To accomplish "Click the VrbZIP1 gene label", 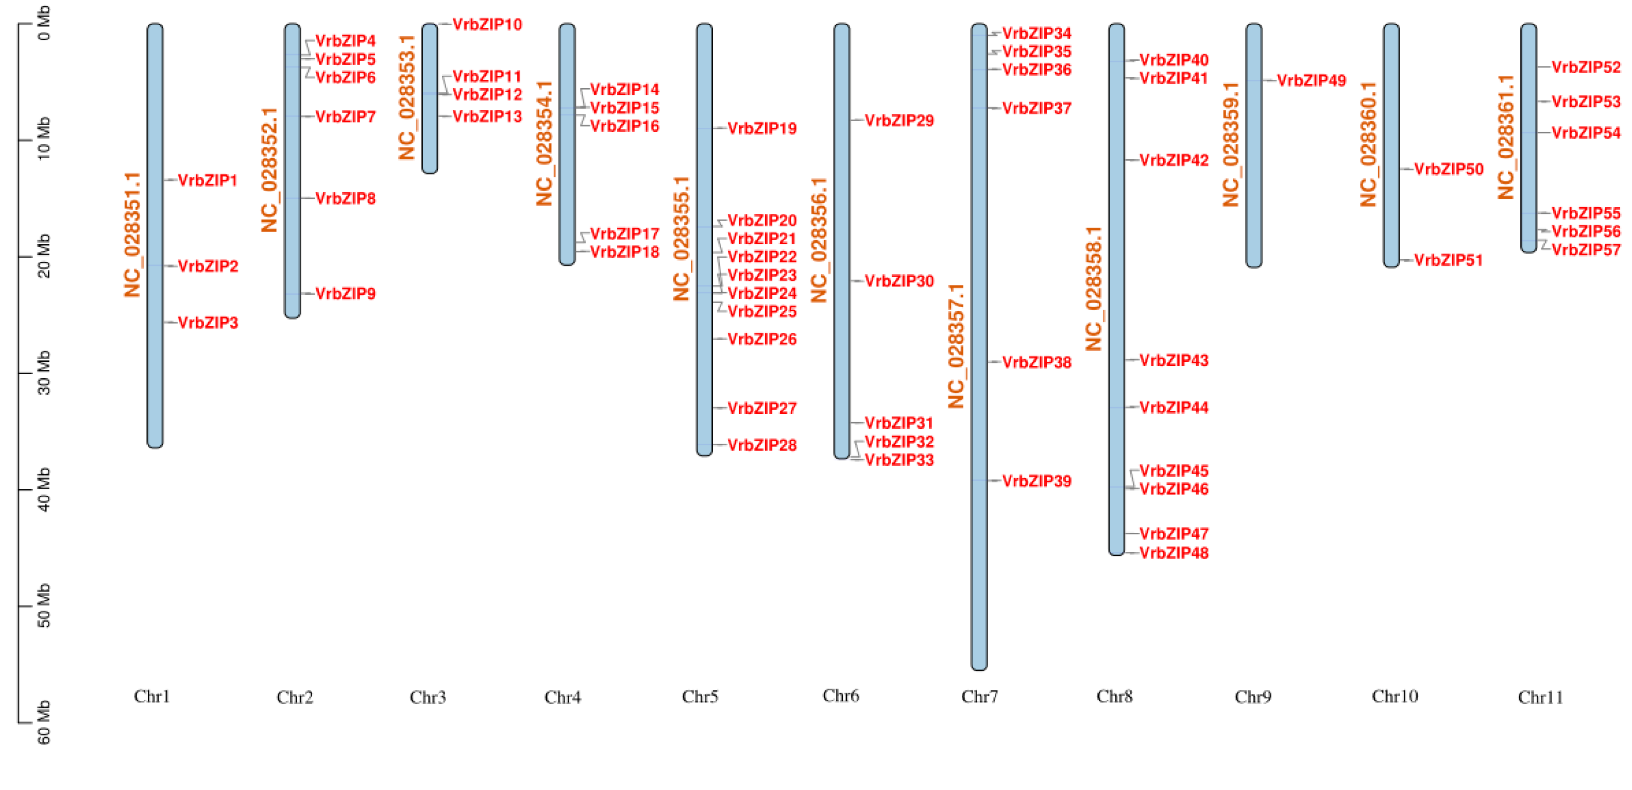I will [208, 180].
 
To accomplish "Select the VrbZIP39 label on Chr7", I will [1036, 481].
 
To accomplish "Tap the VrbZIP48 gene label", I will [1174, 553].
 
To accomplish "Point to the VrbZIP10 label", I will [487, 25].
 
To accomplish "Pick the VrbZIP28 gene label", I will [761, 445].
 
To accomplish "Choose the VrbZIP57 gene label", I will [1586, 250].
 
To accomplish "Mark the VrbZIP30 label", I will [899, 281].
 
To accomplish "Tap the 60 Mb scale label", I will [43, 722].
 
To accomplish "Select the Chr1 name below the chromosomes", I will [152, 696].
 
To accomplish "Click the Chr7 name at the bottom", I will [979, 697].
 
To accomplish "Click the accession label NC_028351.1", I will [132, 234].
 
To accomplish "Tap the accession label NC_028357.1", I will [956, 346].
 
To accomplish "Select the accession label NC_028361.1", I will [1506, 137].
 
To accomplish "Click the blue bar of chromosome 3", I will [430, 98].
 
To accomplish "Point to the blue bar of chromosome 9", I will [1254, 146].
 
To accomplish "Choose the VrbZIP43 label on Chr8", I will [1174, 361].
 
